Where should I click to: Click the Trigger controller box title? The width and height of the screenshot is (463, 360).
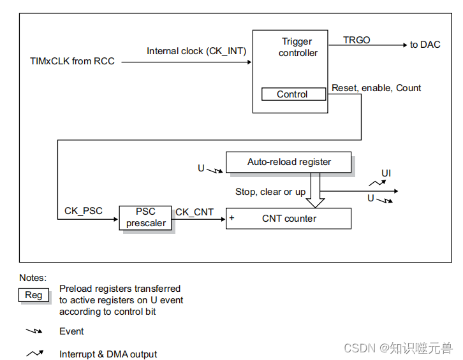[x=298, y=47]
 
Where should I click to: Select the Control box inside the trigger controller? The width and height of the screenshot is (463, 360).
[x=292, y=94]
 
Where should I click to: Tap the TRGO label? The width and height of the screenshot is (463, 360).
[x=356, y=40]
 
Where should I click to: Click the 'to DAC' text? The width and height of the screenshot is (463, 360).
[x=425, y=45]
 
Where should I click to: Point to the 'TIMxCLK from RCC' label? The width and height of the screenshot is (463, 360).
[x=73, y=62]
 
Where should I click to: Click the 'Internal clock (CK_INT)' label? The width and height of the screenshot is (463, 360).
[x=196, y=51]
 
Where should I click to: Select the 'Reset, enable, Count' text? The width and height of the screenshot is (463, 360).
[x=376, y=88]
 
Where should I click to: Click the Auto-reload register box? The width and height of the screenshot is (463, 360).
[x=289, y=162]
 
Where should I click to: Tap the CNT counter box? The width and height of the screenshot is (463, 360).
[x=289, y=219]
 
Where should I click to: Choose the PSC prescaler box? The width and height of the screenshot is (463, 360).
[x=146, y=217]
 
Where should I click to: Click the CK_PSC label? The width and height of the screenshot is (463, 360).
[x=84, y=211]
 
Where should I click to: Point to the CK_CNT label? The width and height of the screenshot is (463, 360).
[x=195, y=212]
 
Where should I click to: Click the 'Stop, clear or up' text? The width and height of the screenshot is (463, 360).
[x=270, y=192]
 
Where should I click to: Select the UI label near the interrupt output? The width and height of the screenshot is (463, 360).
[x=386, y=173]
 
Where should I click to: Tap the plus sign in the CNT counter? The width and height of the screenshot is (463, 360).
[x=232, y=218]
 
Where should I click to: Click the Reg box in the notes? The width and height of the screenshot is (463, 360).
[x=34, y=295]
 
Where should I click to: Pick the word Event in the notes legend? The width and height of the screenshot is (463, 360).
[x=71, y=331]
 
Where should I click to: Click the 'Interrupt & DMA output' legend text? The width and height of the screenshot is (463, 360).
[x=108, y=354]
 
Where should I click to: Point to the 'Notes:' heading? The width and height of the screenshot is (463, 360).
[x=33, y=278]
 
